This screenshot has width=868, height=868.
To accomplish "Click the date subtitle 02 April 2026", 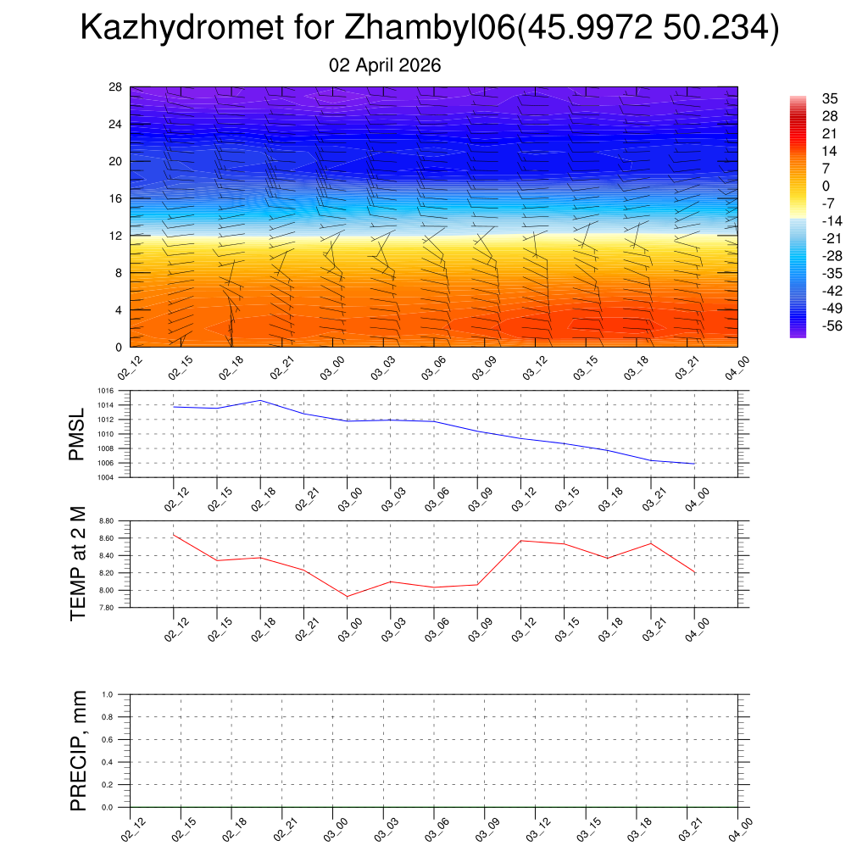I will [385, 65].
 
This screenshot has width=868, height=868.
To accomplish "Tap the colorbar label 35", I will [830, 98].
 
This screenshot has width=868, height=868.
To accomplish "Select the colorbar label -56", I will [831, 325].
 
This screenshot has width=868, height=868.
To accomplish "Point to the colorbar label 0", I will [826, 186].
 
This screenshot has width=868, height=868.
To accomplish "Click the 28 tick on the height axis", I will [116, 87].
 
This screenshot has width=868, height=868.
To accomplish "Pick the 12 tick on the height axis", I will [116, 236].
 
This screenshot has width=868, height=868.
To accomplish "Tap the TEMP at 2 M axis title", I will [78, 563].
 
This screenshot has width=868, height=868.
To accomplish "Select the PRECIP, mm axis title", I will [78, 750].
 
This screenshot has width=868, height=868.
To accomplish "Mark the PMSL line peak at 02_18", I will [260, 400].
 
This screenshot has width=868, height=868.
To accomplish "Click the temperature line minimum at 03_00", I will [347, 596].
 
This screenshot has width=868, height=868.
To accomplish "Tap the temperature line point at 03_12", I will [520, 541].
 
